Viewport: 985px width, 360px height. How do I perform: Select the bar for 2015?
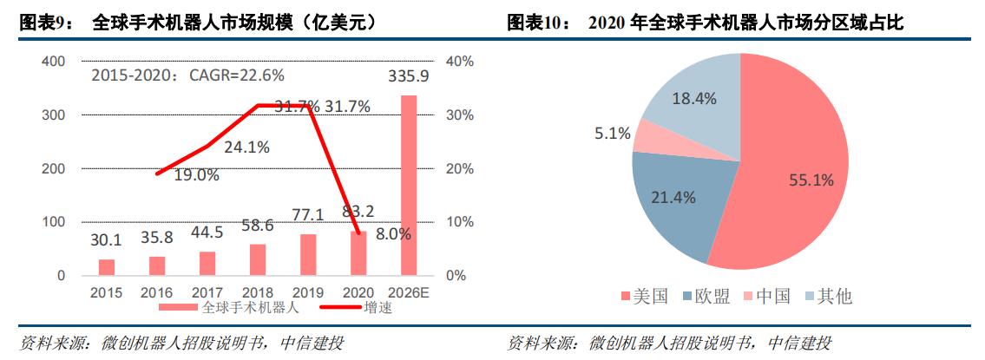tap(106, 267)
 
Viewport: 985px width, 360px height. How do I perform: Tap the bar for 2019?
tap(307, 255)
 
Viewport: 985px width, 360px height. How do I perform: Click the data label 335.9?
tap(408, 78)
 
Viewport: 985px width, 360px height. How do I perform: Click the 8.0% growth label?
tap(393, 233)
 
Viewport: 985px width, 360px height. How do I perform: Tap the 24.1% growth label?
tap(246, 147)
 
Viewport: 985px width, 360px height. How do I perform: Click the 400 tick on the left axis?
tap(54, 62)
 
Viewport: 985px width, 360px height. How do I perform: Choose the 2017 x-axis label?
tap(207, 293)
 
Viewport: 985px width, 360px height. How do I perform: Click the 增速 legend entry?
tap(375, 308)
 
